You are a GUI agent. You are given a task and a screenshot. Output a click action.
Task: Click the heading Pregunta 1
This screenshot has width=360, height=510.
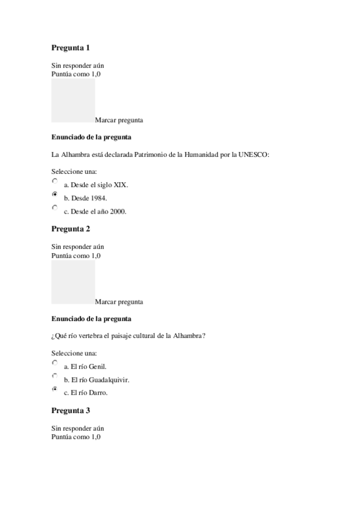(x=71, y=48)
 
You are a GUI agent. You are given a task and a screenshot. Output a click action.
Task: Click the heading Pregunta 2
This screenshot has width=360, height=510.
(x=71, y=229)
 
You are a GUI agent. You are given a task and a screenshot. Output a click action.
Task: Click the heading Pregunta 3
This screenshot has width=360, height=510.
(x=71, y=410)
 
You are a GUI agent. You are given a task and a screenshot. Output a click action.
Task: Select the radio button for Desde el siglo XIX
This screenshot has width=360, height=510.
(x=55, y=180)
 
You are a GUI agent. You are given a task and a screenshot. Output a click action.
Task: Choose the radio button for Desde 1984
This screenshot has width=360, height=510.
(x=55, y=194)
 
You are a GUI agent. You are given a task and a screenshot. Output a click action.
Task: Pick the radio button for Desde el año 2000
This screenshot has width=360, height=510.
(x=55, y=207)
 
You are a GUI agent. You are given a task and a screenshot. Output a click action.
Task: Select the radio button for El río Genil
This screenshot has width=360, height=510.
(x=55, y=363)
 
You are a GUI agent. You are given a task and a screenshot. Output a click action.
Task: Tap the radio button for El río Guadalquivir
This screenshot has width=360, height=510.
(x=55, y=376)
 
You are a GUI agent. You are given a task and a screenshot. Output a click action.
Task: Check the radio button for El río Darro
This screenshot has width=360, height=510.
(x=55, y=390)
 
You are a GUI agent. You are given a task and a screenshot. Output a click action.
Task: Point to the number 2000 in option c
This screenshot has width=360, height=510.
(x=118, y=212)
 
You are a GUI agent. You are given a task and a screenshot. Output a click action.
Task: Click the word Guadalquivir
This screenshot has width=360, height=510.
(x=109, y=380)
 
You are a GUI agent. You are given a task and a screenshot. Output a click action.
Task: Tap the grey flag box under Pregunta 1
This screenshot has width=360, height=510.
(x=73, y=100)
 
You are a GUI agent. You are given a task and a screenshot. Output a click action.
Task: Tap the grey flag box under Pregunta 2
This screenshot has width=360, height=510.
(x=73, y=281)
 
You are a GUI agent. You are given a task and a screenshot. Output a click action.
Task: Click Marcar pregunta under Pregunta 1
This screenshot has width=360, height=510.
(x=119, y=120)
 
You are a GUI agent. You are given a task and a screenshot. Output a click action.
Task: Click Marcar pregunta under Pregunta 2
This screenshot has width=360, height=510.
(x=119, y=301)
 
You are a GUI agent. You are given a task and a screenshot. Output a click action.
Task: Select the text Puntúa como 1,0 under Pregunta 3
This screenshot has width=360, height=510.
(x=76, y=437)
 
